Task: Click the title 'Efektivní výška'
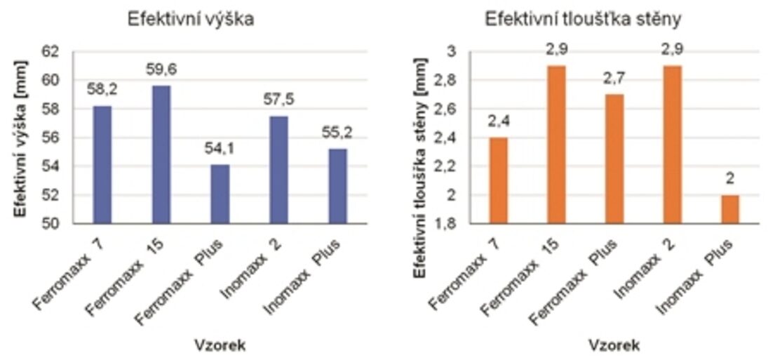pyautogui.click(x=190, y=20)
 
